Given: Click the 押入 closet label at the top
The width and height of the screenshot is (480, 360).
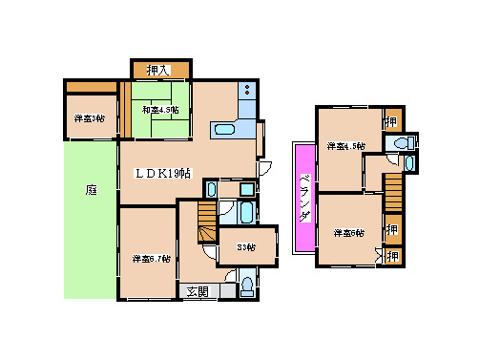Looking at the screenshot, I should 158,70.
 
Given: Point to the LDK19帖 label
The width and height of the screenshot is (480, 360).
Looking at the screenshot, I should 161,173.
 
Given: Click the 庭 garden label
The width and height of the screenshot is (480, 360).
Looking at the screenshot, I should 91,190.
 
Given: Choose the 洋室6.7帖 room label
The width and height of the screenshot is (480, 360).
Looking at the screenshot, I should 151,258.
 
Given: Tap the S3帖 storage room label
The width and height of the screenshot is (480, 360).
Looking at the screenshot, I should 246,247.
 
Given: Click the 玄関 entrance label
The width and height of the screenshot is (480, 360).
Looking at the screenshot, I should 197,291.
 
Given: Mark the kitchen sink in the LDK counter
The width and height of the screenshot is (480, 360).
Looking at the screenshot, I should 226,130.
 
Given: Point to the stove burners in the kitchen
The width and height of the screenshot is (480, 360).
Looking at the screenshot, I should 246,92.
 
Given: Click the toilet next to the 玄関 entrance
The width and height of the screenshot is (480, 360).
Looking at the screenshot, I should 247,285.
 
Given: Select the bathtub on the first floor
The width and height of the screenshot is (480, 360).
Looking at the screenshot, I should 245,211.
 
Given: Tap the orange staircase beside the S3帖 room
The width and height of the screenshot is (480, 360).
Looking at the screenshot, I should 205,223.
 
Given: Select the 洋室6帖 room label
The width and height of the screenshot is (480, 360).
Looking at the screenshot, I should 349,232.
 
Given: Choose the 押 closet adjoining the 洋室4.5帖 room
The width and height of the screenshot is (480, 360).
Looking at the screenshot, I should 391,121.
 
